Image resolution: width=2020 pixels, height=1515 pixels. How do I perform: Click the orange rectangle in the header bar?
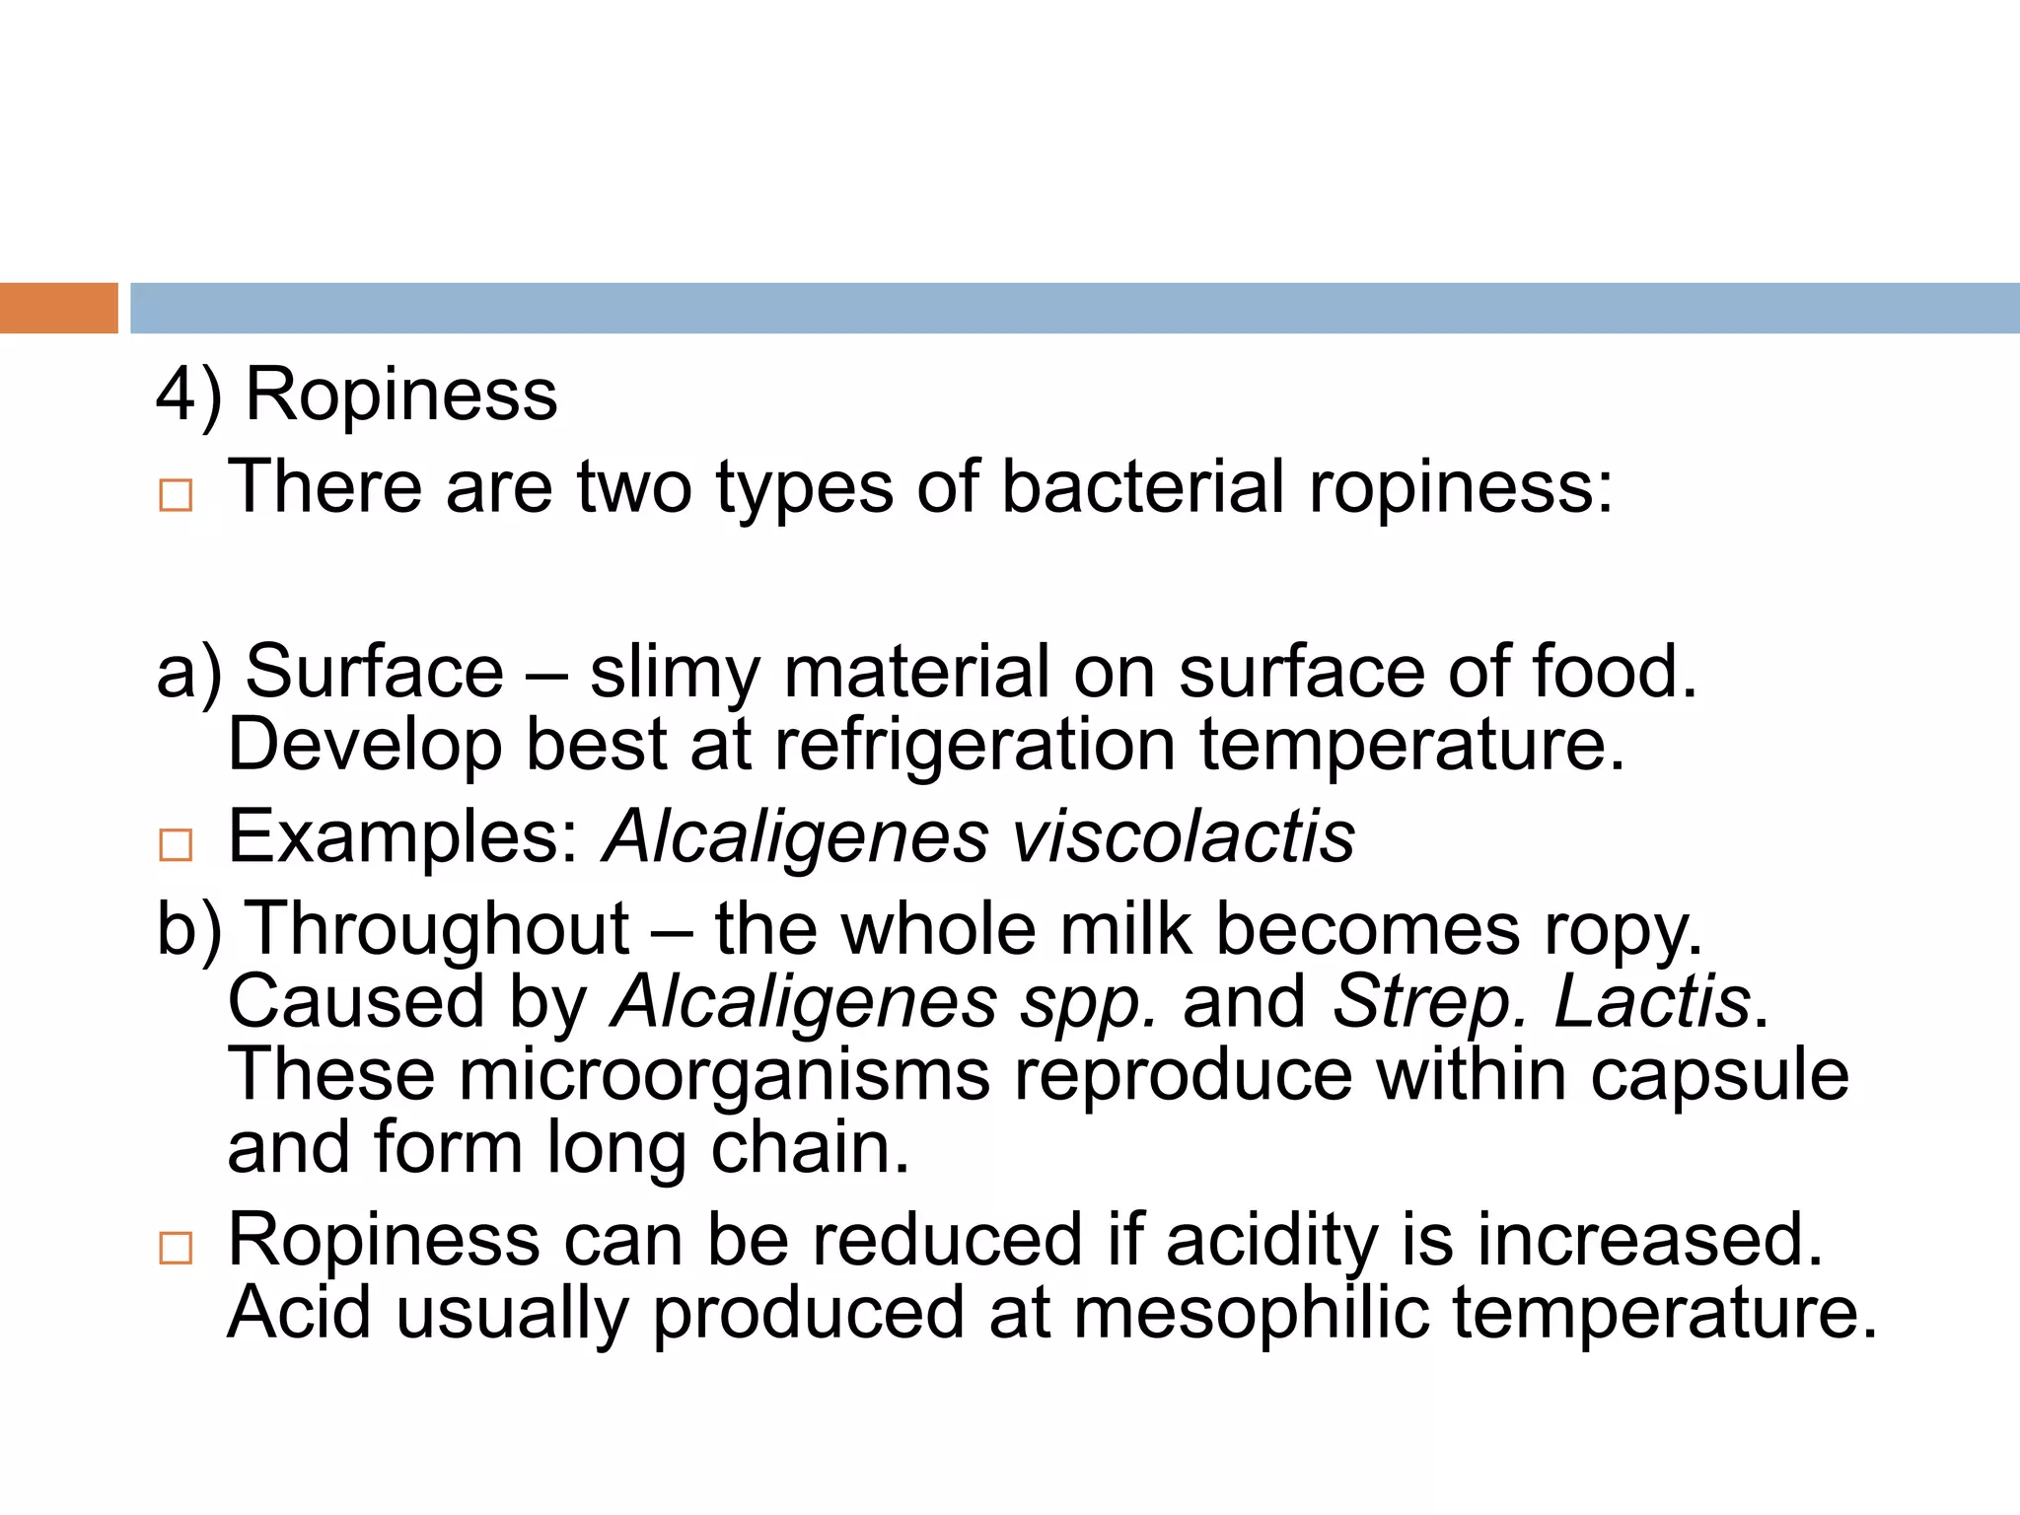(58, 308)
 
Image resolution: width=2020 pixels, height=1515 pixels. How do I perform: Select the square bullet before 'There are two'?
(176, 495)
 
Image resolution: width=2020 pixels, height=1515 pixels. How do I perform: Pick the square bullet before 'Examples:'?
(176, 845)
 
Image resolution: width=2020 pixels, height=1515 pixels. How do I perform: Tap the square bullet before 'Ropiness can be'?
(176, 1248)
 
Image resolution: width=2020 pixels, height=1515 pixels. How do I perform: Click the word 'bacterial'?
(1143, 487)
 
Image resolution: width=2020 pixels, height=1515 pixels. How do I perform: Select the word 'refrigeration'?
(974, 745)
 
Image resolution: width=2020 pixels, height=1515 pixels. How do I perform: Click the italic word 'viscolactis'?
(1184, 837)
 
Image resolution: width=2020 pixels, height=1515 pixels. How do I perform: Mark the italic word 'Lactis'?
(1652, 1003)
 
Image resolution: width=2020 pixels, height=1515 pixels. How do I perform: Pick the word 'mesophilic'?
(1251, 1314)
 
